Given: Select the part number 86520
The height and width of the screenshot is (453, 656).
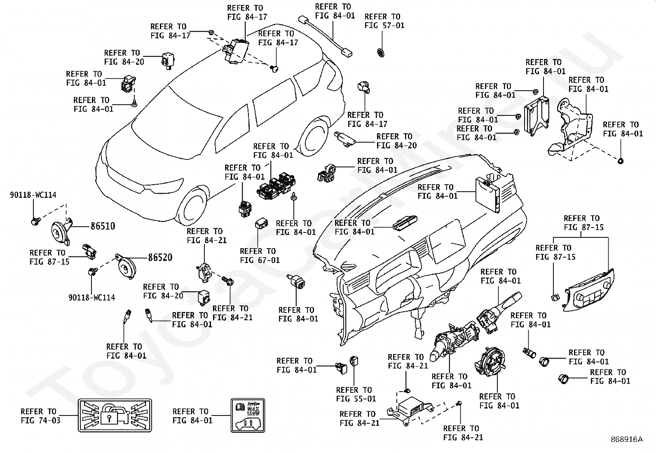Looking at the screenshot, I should [x=160, y=258].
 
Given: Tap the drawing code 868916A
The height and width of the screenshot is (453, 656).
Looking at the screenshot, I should [x=627, y=439].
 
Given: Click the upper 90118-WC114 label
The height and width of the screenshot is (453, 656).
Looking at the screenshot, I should [x=33, y=195].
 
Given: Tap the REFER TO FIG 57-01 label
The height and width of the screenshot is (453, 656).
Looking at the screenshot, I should [x=384, y=21].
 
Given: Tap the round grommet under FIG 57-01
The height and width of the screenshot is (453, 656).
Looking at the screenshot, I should [x=380, y=52].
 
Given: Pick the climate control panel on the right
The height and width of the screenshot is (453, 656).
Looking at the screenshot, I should [x=589, y=291].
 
